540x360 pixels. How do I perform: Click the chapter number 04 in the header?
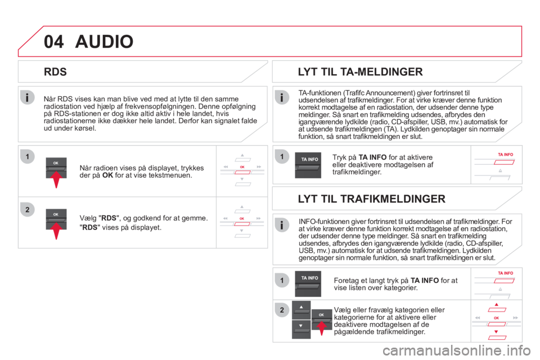tap(54, 42)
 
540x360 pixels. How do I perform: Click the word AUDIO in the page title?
tap(105, 42)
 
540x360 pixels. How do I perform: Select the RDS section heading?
tap(56, 72)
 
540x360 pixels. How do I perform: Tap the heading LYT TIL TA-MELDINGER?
tap(360, 71)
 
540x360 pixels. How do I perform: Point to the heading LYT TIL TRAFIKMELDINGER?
tap(372, 199)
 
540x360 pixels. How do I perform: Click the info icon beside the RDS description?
tap(27, 97)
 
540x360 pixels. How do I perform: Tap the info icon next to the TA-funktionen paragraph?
tap(282, 97)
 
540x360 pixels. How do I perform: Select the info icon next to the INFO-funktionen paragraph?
tap(282, 226)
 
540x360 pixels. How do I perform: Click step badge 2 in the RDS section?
tap(28, 209)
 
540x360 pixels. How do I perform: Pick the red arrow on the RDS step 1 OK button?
tap(56, 179)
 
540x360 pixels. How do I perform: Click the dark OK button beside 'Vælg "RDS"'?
tap(56, 219)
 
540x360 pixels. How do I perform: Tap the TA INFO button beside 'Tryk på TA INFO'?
tap(308, 165)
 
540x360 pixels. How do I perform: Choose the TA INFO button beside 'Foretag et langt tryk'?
tap(308, 284)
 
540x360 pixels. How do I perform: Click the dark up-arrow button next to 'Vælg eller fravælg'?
tap(301, 310)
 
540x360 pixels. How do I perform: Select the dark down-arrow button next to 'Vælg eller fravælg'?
tap(301, 329)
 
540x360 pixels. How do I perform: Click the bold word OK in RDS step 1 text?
tap(107, 175)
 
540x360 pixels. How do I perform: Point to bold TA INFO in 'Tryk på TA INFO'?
tap(372, 157)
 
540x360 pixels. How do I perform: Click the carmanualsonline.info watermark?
tap(456, 350)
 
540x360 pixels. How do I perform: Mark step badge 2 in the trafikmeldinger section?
tap(282, 310)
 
